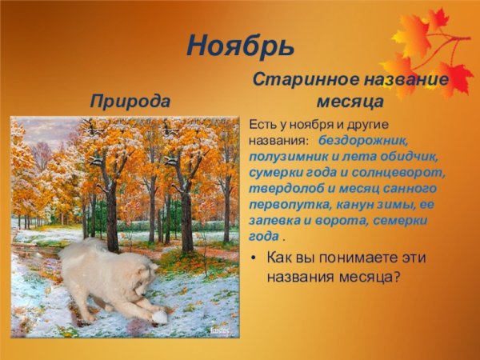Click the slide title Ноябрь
[240, 46]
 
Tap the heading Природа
[130, 102]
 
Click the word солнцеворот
[405, 173]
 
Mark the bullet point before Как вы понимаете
[254, 258]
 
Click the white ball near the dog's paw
[159, 317]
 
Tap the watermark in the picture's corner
[219, 330]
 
